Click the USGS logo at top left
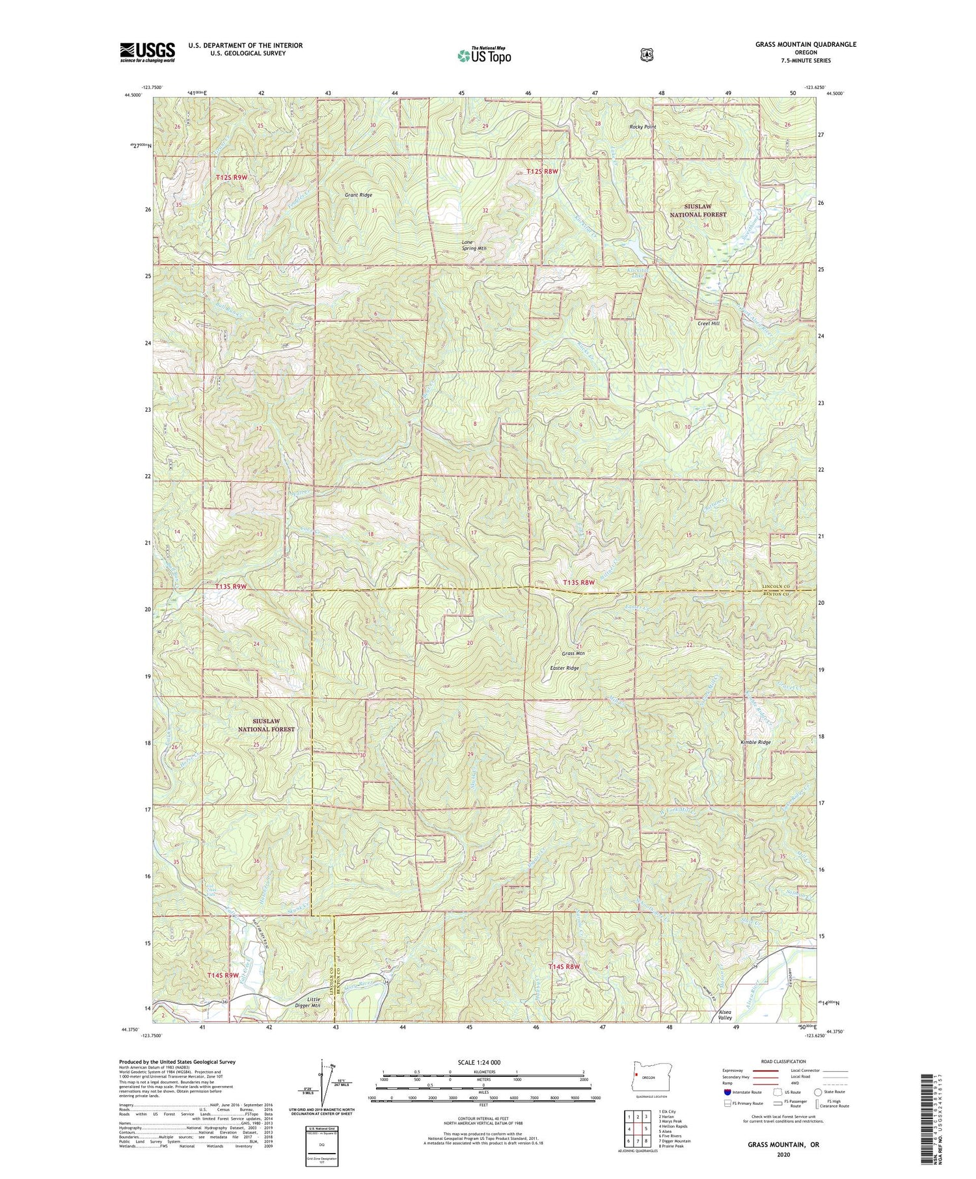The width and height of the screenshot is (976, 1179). pyautogui.click(x=147, y=52)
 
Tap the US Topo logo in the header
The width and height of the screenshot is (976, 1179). pyautogui.click(x=484, y=55)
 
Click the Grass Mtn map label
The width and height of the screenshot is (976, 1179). pyautogui.click(x=573, y=653)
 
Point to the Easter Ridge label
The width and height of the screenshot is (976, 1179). pyautogui.click(x=564, y=668)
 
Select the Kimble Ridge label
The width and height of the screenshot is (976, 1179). pyautogui.click(x=755, y=742)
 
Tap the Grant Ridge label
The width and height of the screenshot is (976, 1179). pyautogui.click(x=359, y=195)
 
